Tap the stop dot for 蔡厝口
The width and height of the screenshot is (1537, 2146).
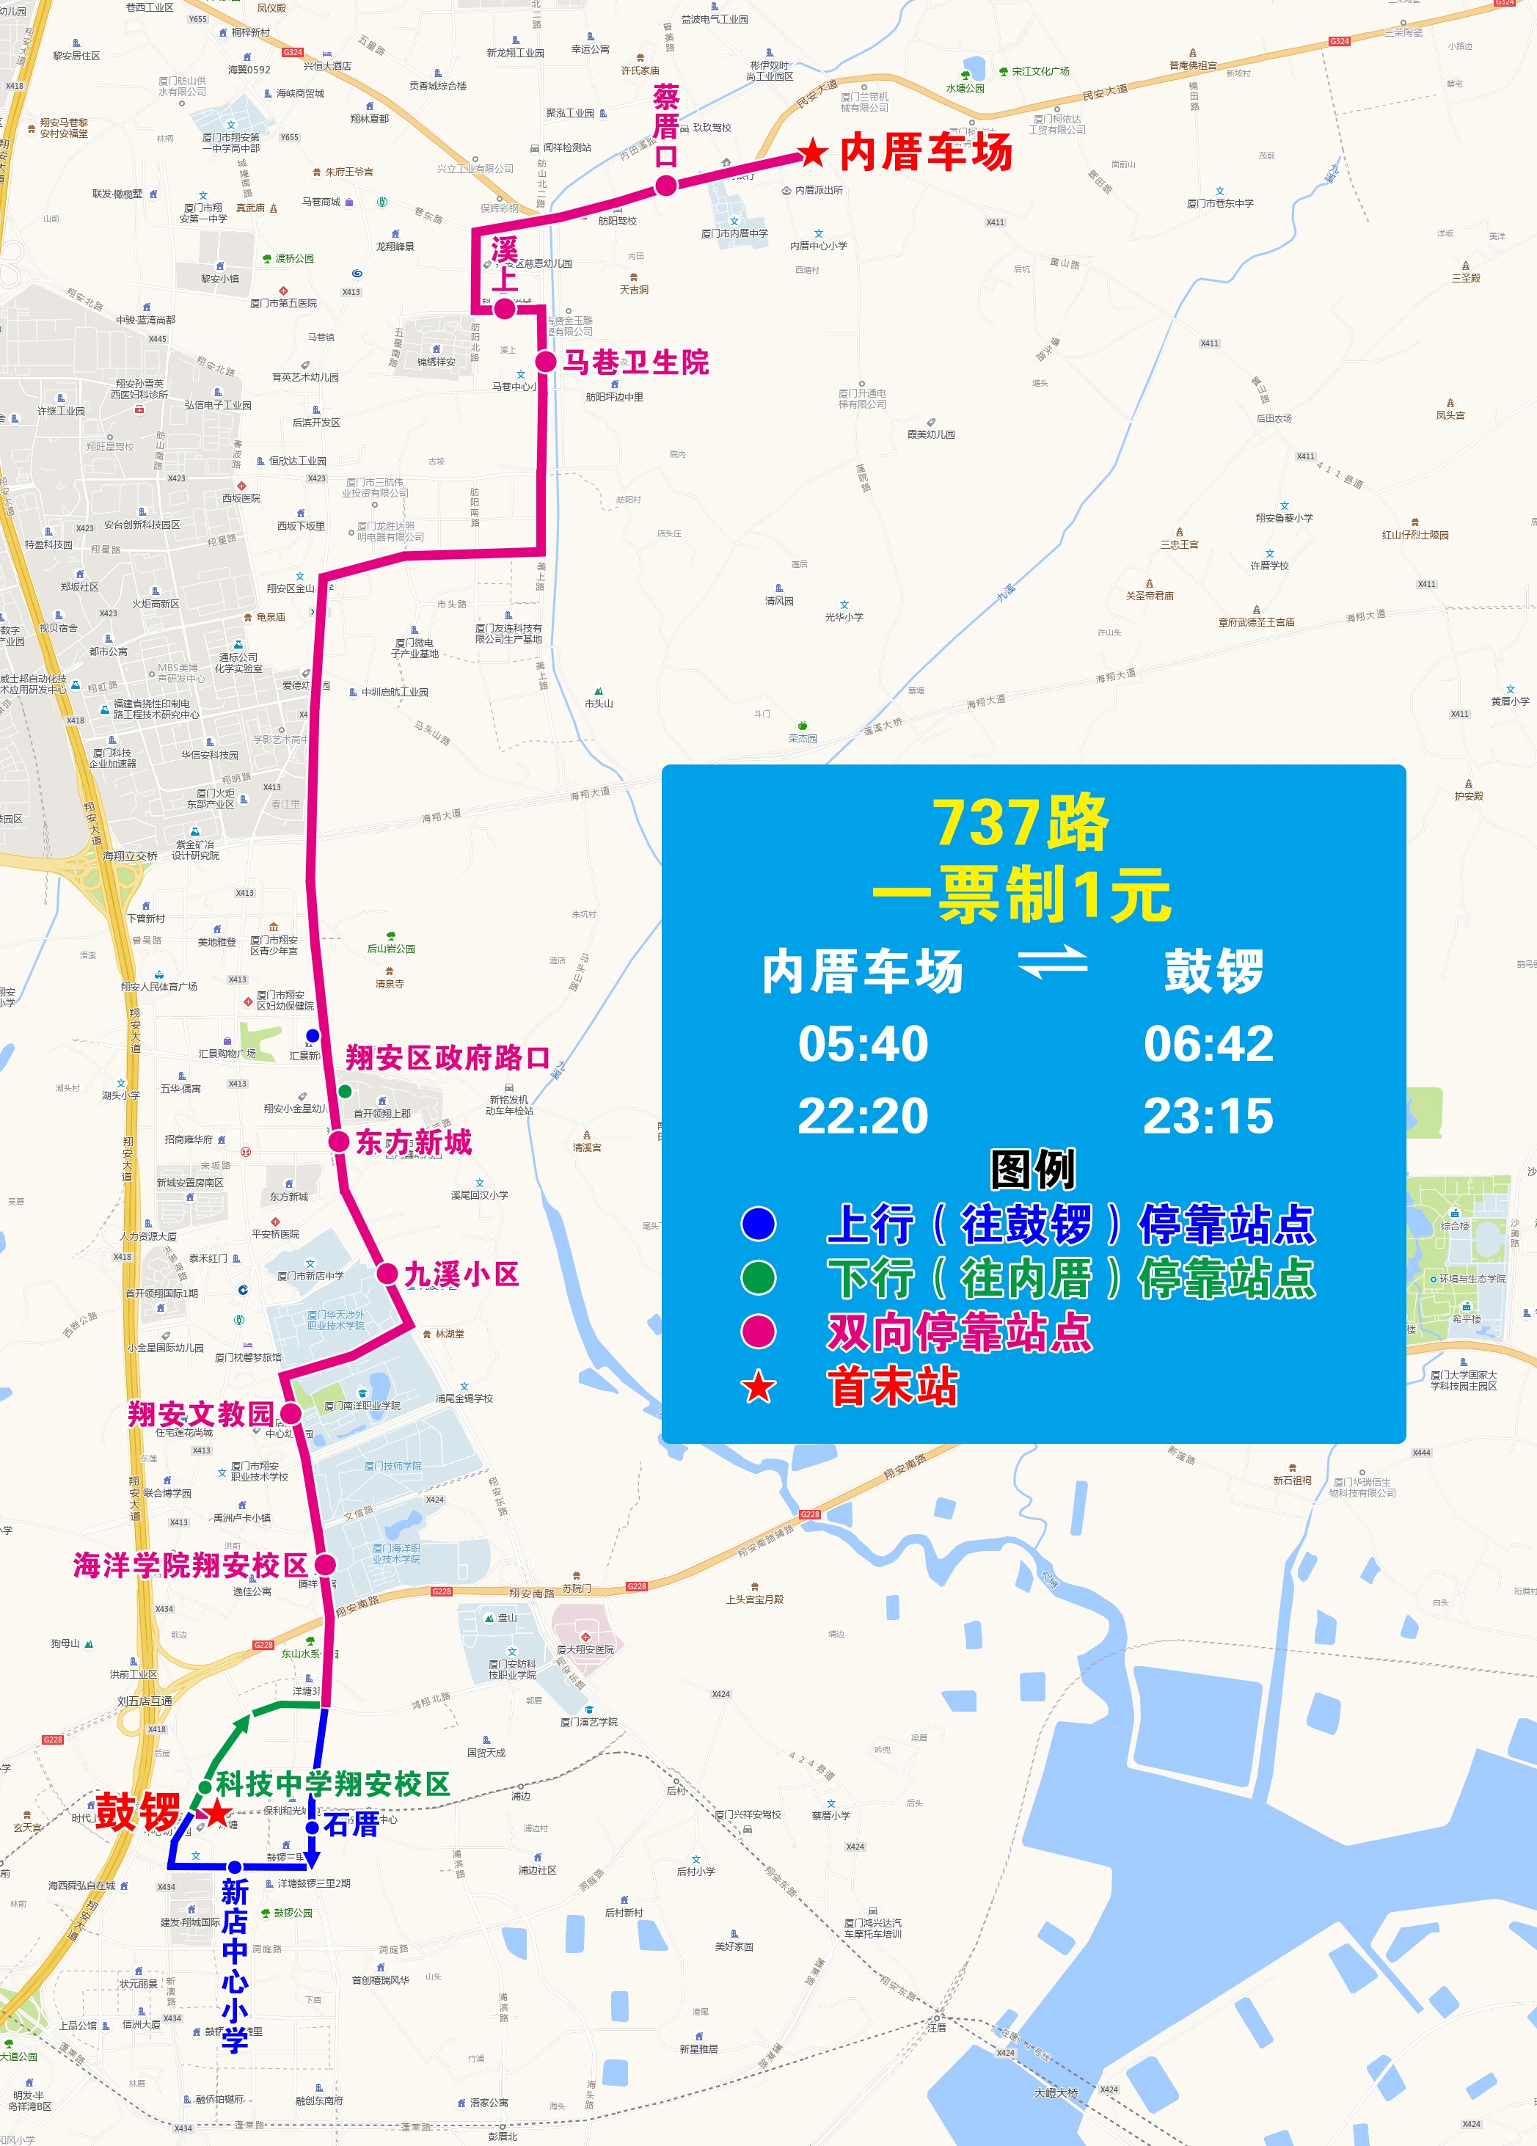pos(666,186)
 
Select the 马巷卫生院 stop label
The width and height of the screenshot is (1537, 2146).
pos(636,362)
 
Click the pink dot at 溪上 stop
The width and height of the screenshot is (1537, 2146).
pos(505,308)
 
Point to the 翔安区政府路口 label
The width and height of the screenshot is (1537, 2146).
pos(448,1057)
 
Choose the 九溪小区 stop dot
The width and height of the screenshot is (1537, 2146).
pos(387,1274)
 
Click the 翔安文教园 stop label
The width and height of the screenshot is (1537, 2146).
pos(200,1414)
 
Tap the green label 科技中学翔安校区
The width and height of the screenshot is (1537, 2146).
pos(333,1784)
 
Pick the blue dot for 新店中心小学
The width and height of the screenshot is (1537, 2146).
pos(234,1867)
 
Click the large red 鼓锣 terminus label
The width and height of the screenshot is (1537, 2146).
pos(138,1811)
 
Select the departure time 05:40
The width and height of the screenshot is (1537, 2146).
pos(864,1044)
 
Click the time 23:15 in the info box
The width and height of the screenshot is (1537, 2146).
pos(1208,1116)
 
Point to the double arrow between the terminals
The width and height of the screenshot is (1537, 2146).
pos(1053,963)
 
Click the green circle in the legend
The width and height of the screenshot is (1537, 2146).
pos(758,1277)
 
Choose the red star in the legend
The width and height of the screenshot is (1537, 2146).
pos(758,1387)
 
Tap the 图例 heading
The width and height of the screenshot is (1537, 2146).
pos(1032,1169)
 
